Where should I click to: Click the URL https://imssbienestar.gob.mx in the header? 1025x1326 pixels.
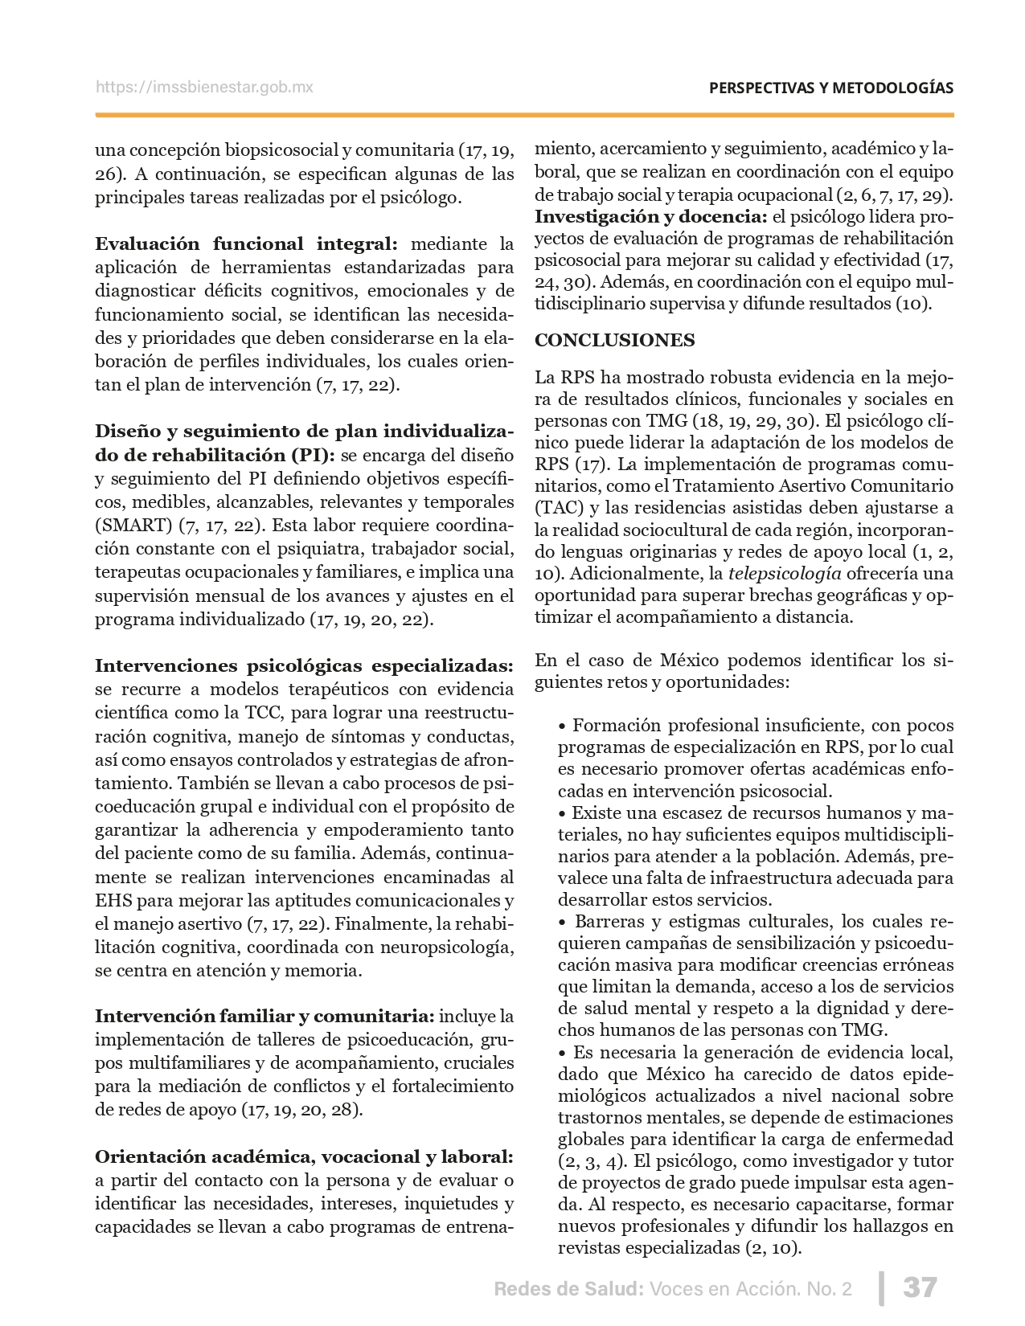click(x=204, y=88)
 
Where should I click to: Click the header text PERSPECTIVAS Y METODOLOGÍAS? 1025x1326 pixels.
click(x=831, y=88)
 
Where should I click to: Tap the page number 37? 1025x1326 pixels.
click(x=920, y=1287)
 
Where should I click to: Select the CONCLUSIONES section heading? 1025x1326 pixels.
click(x=615, y=340)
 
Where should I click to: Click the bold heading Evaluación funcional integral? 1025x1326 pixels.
click(x=246, y=244)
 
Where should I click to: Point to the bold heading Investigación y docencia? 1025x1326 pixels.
click(x=651, y=217)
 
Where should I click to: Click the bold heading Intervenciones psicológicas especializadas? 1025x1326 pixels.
click(x=304, y=665)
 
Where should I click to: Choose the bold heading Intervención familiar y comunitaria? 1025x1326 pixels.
click(x=264, y=1017)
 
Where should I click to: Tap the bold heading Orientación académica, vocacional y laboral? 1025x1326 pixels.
click(x=304, y=1156)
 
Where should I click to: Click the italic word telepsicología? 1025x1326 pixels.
click(x=785, y=574)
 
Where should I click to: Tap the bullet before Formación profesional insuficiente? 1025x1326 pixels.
click(x=563, y=726)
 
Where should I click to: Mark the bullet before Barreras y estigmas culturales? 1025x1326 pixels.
click(x=563, y=922)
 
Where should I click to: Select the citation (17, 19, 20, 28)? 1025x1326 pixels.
click(x=301, y=1110)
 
